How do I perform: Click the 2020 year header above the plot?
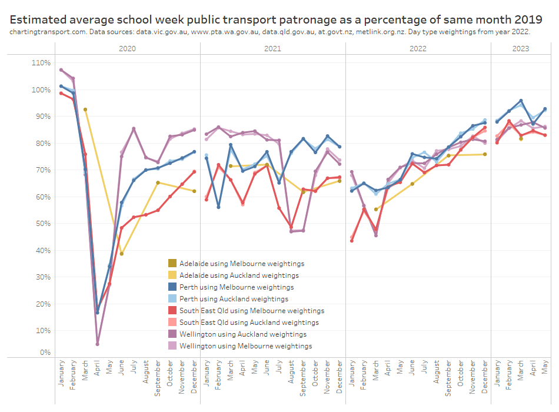(127, 49)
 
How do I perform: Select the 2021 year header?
(273, 49)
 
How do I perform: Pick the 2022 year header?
(418, 49)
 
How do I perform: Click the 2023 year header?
(520, 49)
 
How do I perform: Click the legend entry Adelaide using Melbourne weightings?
(241, 264)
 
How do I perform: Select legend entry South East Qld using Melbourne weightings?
(251, 311)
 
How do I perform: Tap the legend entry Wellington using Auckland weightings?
(242, 334)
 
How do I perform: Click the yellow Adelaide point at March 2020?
(85, 109)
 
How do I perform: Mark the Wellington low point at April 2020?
(98, 344)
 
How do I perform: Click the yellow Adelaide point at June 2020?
(122, 254)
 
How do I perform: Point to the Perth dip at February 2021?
(218, 207)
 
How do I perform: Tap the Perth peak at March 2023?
(521, 101)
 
